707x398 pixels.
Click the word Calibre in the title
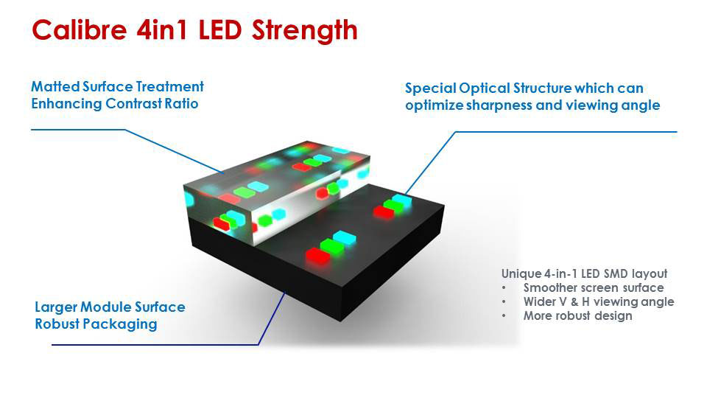80,30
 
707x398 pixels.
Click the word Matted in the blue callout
55,86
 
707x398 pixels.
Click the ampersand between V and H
574,302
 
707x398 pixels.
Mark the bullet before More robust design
504,316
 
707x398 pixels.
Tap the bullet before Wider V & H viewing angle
504,302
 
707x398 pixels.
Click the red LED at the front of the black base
318,255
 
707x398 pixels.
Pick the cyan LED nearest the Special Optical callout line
402,200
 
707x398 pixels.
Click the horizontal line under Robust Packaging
155,345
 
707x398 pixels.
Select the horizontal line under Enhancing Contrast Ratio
78,130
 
